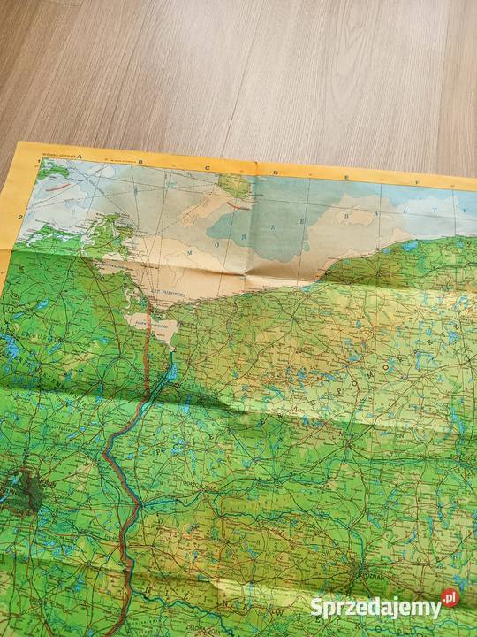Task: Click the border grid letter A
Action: click(x=79, y=155)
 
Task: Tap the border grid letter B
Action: click(x=141, y=159)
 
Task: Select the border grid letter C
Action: click(x=208, y=165)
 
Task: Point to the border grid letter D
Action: click(x=275, y=171)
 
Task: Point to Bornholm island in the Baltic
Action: click(x=235, y=187)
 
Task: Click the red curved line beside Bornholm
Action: click(x=236, y=203)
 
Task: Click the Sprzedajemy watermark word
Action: click(x=375, y=607)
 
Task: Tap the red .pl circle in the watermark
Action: click(x=450, y=599)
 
